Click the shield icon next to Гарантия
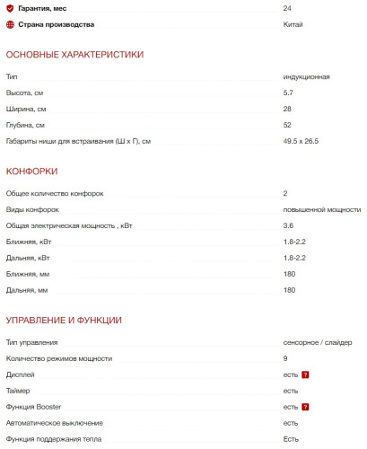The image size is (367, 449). [x=10, y=8]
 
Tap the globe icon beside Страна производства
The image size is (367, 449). [x=10, y=24]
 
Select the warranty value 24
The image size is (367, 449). [x=287, y=8]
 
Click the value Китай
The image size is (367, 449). [x=293, y=24]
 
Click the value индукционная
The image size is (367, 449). [x=306, y=76]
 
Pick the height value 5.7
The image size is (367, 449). [x=288, y=92]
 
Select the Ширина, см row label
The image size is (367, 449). [x=26, y=109]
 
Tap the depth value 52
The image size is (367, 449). [x=287, y=125]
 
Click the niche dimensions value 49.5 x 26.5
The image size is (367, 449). [x=301, y=141]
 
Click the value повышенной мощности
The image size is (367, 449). [x=321, y=209]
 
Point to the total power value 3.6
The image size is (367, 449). [x=288, y=225]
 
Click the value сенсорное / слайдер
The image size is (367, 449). [x=318, y=342]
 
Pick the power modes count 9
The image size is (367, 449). [x=285, y=358]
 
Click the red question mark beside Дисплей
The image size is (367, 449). [x=305, y=374]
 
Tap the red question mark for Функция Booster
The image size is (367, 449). [x=305, y=407]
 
